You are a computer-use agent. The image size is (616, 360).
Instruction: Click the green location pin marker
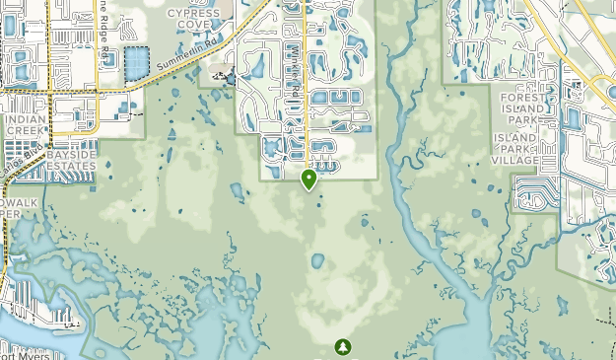[x=309, y=179]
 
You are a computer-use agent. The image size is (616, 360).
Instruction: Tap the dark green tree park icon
[x=343, y=346]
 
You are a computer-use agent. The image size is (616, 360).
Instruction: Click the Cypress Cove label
[x=193, y=20]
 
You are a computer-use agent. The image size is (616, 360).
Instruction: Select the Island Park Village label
[x=516, y=148]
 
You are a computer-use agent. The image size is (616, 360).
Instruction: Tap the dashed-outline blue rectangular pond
[x=134, y=62]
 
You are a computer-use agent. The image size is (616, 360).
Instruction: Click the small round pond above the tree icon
[x=317, y=261]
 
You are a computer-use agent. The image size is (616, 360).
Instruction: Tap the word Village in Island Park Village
[x=516, y=160]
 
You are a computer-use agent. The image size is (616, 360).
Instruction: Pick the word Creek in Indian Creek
[x=25, y=130]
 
